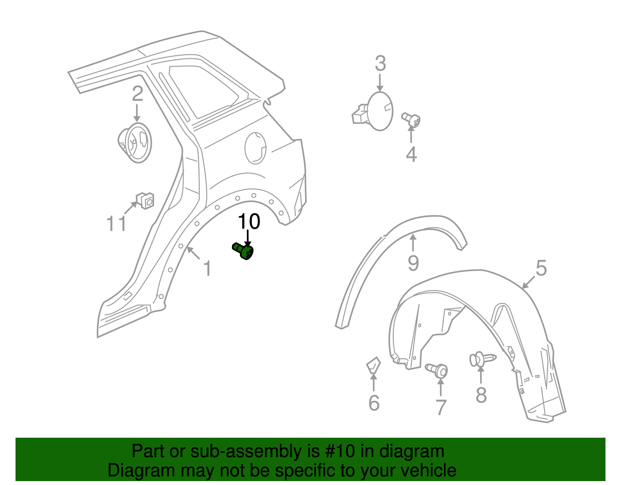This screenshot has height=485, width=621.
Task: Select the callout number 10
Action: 249,221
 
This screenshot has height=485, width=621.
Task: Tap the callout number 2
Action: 137,94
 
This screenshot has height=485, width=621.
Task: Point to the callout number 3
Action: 380,63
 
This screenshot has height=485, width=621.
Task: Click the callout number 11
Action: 116,224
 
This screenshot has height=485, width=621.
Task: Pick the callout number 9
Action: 413,263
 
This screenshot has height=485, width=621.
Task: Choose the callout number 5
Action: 541,268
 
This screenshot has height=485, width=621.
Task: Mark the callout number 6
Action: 374,403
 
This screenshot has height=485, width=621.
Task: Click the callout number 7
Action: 441,408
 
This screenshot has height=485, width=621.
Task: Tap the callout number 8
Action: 481,395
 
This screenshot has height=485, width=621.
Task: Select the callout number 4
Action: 411,155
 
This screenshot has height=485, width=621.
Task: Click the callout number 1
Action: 208,268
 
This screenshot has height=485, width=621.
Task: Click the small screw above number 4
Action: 411,120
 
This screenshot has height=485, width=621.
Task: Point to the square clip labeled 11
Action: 145,201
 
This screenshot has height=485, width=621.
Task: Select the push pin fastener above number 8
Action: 483,359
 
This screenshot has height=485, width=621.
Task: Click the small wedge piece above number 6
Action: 373,365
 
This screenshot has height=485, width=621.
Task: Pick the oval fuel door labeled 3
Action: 373,111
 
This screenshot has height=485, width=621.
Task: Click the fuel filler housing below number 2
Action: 135,143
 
